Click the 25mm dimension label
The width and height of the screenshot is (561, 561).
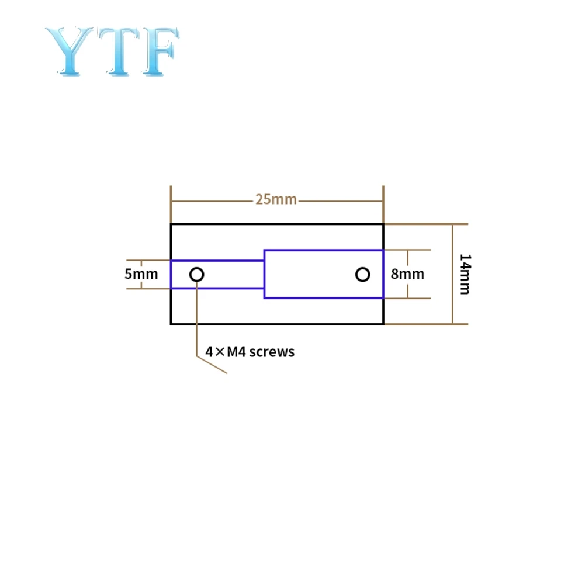pos(276,200)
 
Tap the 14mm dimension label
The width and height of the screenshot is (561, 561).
pos(465,273)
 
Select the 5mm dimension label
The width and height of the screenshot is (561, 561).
pos(141,273)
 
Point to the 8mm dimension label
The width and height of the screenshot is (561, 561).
pos(407,273)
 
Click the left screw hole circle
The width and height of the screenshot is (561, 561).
pos(197,274)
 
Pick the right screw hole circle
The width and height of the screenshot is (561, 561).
pos(363,274)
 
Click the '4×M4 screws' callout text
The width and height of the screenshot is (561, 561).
pos(250,352)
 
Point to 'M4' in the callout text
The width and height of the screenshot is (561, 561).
pos(236,352)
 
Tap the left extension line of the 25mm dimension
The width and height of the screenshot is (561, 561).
pos(171,205)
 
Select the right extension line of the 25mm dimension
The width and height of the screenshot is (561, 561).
pos(383,205)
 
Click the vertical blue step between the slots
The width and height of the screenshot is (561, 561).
pos(264,274)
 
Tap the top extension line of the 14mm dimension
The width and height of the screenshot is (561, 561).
pos(427,224)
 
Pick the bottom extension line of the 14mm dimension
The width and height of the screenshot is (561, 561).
pos(427,324)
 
